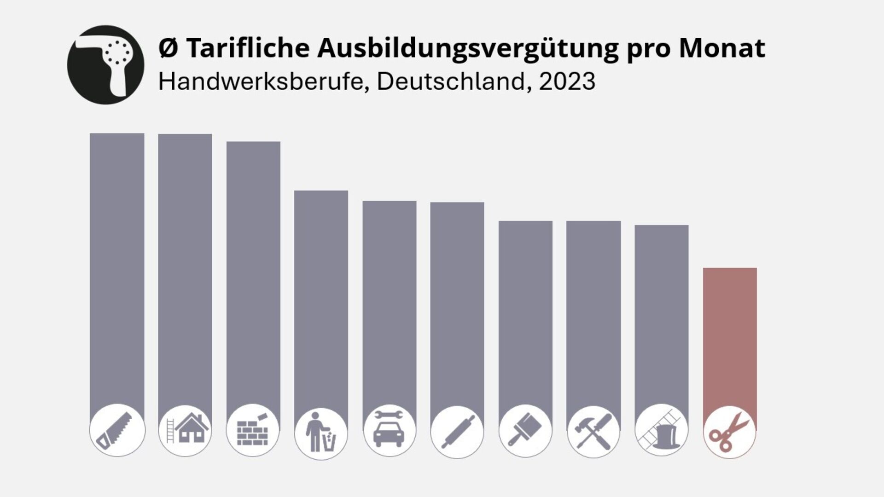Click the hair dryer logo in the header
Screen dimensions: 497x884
105,64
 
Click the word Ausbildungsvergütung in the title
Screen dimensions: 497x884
468,48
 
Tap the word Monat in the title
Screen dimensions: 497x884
721,47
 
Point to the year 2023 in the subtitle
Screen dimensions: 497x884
567,81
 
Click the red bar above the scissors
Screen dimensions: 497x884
730,336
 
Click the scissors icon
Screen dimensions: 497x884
730,432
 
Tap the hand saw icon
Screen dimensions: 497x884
117,430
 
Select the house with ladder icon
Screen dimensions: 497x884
185,430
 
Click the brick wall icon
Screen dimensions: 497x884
253,430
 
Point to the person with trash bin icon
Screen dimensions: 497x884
321,433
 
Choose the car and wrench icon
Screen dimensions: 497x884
390,430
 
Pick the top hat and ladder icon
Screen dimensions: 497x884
661,430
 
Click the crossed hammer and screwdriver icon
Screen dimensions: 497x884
593,432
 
